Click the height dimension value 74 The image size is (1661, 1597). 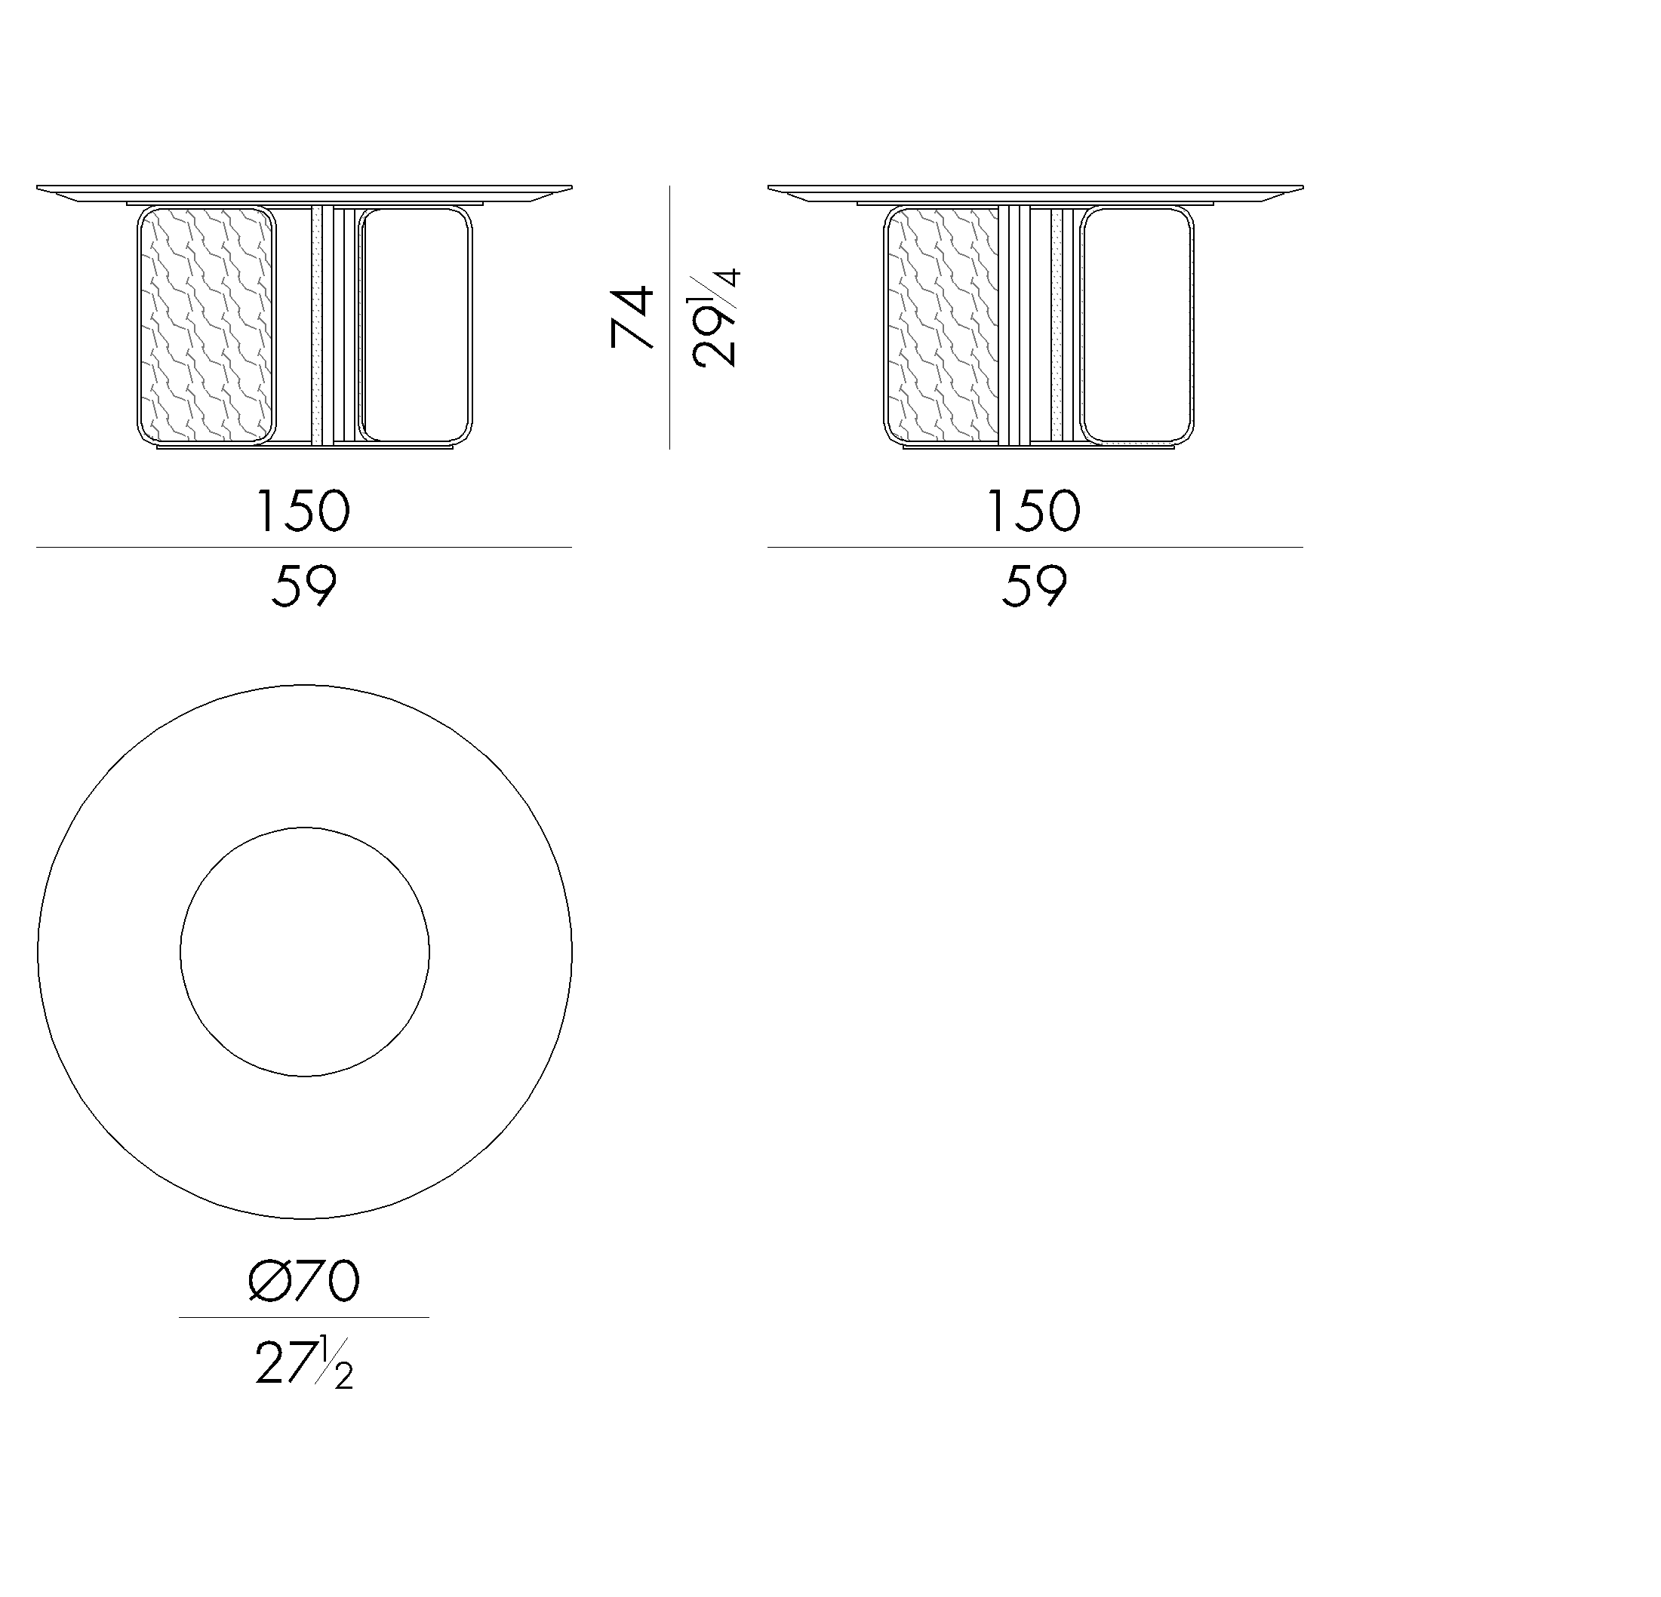(x=632, y=318)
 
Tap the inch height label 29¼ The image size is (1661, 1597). (x=715, y=318)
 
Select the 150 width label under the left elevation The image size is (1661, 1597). (x=303, y=511)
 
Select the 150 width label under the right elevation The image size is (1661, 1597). (x=1034, y=511)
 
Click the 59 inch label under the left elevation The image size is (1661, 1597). (x=304, y=585)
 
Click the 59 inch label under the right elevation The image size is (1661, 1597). (x=1034, y=585)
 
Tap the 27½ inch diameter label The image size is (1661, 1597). (x=304, y=1363)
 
